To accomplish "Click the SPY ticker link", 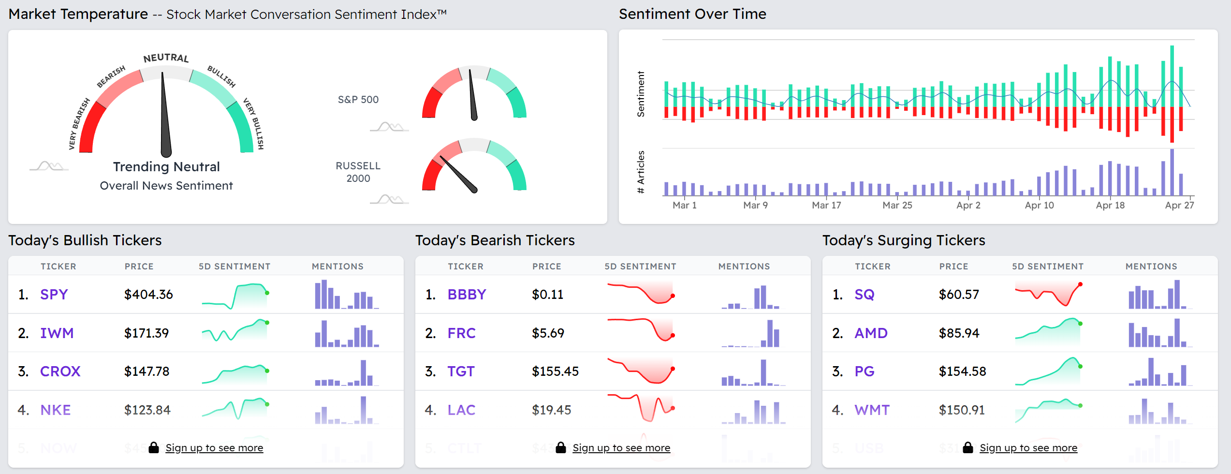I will [x=54, y=294].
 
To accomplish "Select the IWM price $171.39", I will [x=147, y=333].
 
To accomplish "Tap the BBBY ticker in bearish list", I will [x=467, y=294].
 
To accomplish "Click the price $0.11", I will [x=547, y=294].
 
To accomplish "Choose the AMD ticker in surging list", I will [x=871, y=333].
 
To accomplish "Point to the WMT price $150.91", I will [x=962, y=410].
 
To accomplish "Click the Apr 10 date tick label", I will [x=1039, y=205].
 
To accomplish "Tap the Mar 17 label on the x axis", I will [x=826, y=205].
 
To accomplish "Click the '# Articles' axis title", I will [x=641, y=172].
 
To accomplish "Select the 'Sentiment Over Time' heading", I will [x=692, y=14].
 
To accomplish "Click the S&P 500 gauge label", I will [x=358, y=100].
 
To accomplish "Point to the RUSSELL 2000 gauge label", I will [x=358, y=172].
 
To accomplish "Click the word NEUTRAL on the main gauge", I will [x=166, y=58].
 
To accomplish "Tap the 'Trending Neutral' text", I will [x=166, y=167].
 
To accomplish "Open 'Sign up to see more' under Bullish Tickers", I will [x=214, y=448].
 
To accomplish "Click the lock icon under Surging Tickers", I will [x=967, y=447].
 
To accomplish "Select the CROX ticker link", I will [x=60, y=371].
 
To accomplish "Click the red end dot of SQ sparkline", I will [x=1080, y=284].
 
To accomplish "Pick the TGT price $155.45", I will [x=555, y=371].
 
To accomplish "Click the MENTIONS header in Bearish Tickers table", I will [x=744, y=267].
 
